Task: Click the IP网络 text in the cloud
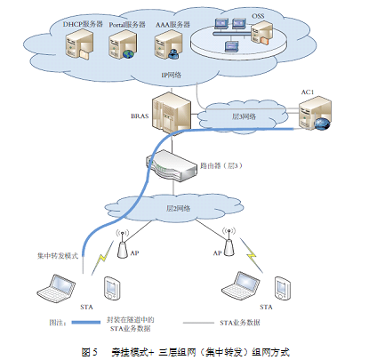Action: point(171,76)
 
